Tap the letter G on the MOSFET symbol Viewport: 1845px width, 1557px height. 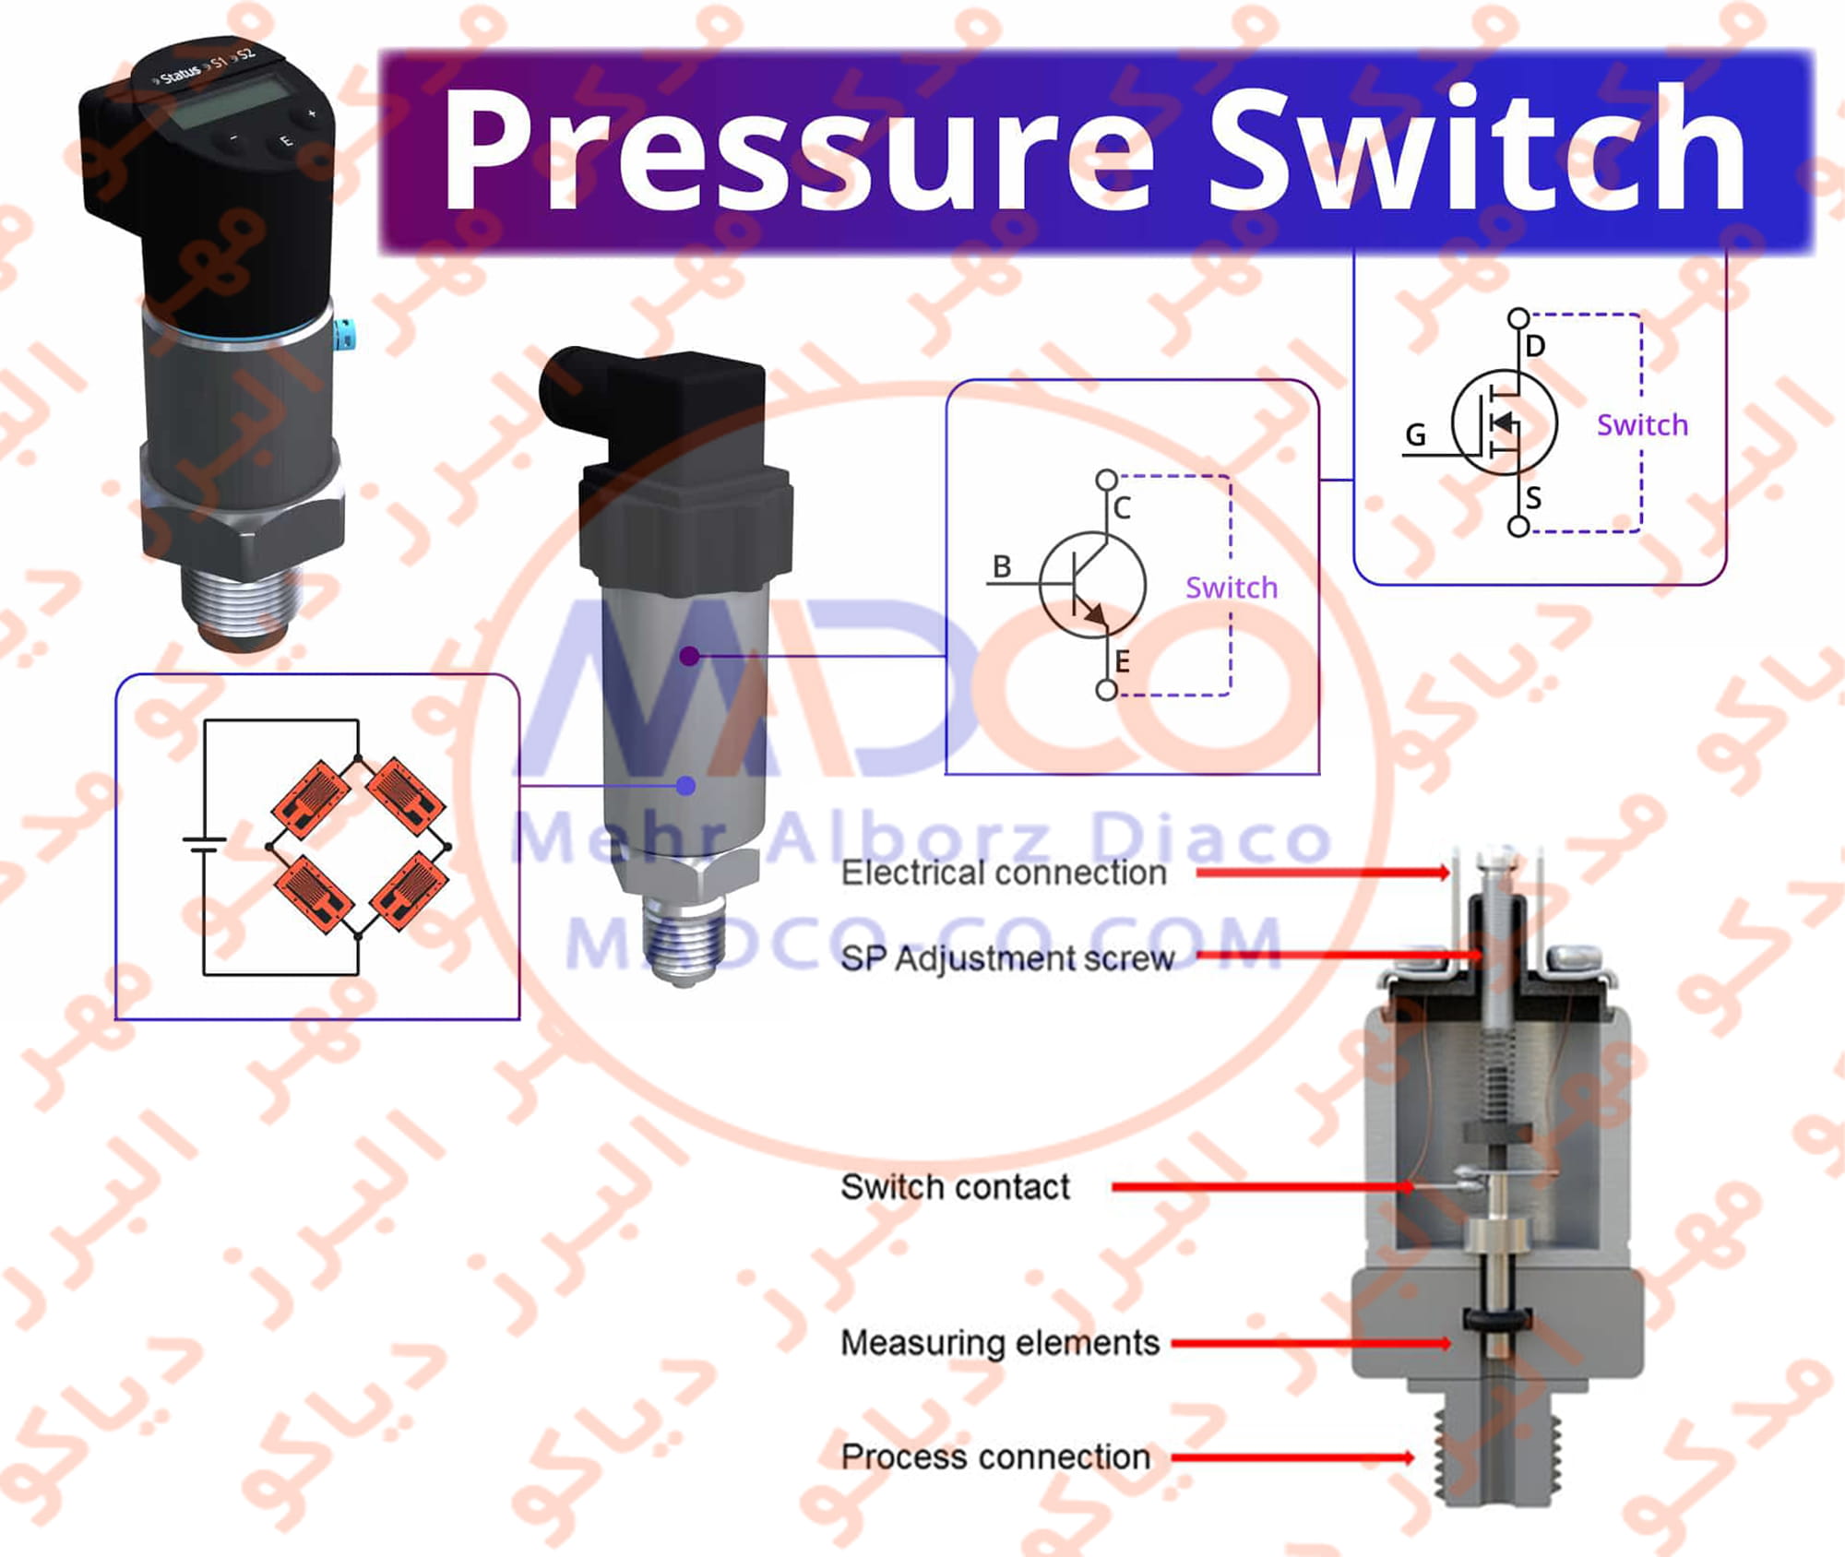1415,434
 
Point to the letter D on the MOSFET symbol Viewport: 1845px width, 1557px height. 1535,346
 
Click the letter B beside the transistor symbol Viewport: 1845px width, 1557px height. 1002,566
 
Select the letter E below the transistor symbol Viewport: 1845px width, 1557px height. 1122,661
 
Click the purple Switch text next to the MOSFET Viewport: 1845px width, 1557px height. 1642,425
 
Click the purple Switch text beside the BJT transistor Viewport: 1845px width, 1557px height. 1232,588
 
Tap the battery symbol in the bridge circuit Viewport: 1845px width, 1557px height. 204,845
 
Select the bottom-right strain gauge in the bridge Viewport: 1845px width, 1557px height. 409,893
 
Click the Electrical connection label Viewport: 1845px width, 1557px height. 1004,873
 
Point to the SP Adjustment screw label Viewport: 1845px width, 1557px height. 1007,959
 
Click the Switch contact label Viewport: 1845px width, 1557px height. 955,1187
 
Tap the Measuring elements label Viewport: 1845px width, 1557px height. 1000,1343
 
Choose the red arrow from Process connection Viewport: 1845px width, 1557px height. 1291,1458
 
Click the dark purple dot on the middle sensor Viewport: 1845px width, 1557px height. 689,656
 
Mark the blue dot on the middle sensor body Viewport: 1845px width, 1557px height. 685,786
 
